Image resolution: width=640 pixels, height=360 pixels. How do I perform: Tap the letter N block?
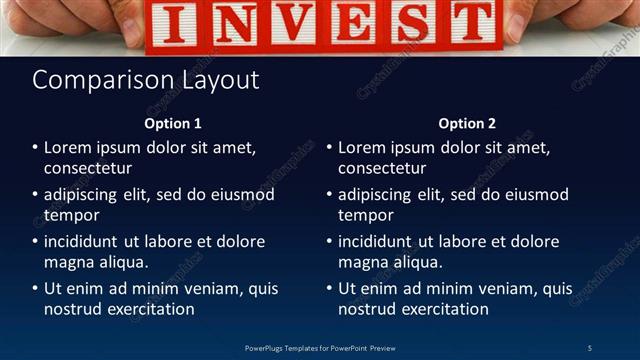(234, 26)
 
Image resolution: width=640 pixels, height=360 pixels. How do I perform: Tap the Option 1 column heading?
(173, 124)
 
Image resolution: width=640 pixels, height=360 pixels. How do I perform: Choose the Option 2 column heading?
(467, 124)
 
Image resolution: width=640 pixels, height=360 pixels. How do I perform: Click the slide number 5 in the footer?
(590, 347)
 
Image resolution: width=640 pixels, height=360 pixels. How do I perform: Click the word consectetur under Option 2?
(382, 168)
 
